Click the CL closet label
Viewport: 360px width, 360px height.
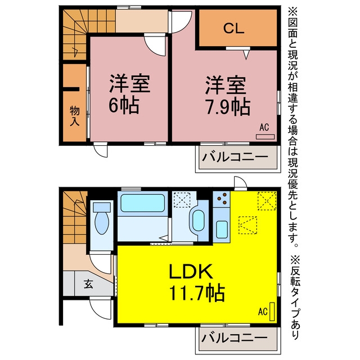tap(234, 29)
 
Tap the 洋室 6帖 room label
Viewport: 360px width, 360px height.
tap(129, 94)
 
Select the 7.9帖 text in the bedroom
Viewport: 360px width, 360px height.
tap(228, 107)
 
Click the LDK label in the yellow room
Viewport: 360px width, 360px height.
tap(190, 271)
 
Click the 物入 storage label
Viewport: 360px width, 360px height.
tap(74, 116)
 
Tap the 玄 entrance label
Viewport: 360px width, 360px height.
tap(88, 284)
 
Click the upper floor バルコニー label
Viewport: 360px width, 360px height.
tap(235, 157)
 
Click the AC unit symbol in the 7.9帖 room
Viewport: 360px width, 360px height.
tap(265, 137)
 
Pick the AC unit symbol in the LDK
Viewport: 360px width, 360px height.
tap(272, 312)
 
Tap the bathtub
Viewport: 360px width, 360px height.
tap(142, 203)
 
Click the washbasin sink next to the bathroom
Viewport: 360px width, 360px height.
tap(198, 221)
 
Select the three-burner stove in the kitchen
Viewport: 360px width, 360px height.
tap(221, 199)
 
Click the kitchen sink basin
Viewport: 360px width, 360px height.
tap(222, 229)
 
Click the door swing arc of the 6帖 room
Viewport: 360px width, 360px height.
tap(154, 49)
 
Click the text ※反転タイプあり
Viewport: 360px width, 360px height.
tap(295, 297)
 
